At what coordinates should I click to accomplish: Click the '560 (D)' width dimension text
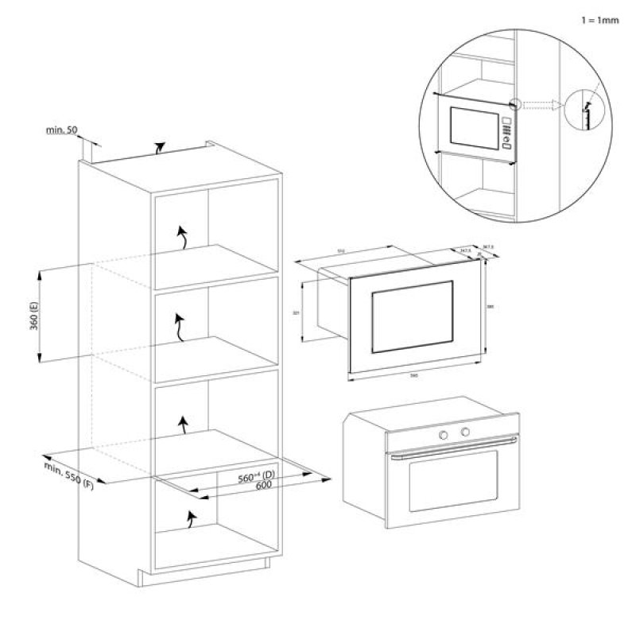point(256,477)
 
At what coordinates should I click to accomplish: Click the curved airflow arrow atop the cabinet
point(161,147)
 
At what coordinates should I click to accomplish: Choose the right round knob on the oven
point(465,431)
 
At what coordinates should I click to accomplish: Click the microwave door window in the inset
point(471,126)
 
